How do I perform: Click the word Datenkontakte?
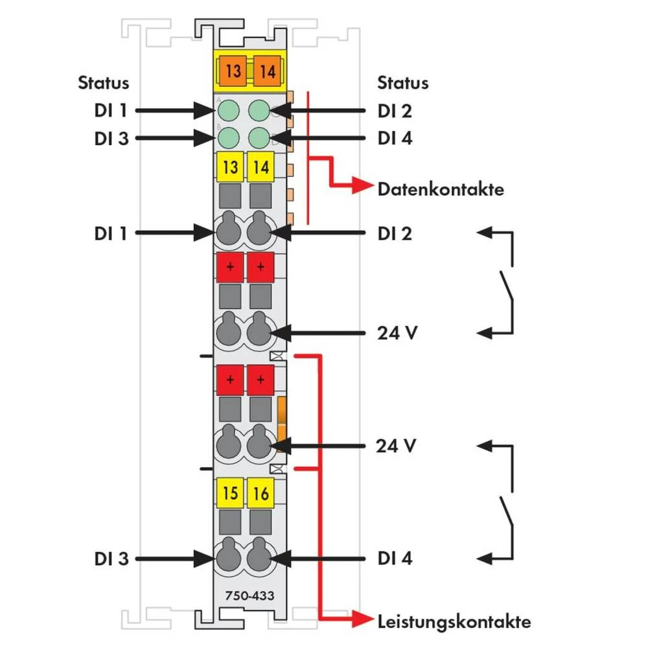441,190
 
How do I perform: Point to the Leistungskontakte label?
454,622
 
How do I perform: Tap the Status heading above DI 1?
104,83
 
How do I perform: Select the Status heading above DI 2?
403,83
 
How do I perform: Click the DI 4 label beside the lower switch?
395,558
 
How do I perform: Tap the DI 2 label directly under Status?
395,111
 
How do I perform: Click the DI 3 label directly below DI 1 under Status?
108,138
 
